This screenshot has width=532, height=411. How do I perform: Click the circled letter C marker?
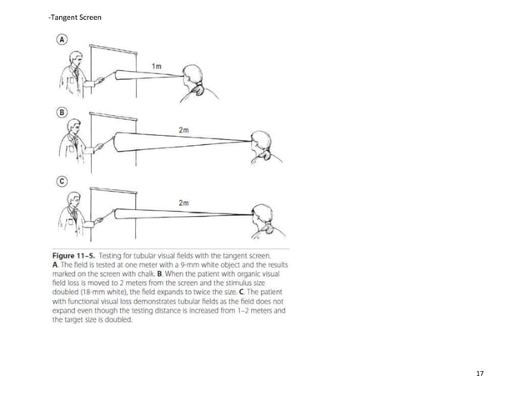click(x=63, y=180)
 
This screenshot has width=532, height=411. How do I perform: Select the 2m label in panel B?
click(x=183, y=130)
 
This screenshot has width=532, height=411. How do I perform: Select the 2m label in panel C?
click(x=183, y=202)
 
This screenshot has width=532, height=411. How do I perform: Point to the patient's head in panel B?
click(x=261, y=141)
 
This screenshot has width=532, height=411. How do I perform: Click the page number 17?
click(x=479, y=372)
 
